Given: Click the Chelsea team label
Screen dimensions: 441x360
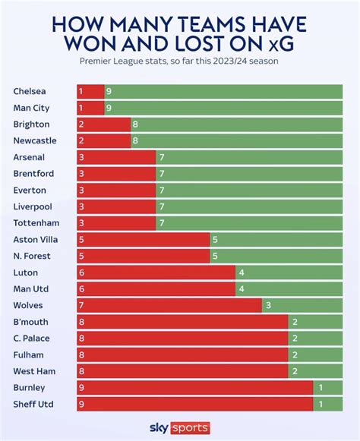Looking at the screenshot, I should (x=28, y=91).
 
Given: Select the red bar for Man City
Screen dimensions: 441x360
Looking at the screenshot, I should (x=90, y=108).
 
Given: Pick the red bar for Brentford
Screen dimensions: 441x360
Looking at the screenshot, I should (x=115, y=173).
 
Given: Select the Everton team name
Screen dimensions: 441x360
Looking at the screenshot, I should (x=30, y=190).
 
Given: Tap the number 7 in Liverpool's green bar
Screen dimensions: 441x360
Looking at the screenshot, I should (x=162, y=206).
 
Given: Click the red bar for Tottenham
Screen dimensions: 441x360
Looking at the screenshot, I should (x=115, y=223).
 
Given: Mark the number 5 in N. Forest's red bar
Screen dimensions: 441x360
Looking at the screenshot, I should (x=81, y=256).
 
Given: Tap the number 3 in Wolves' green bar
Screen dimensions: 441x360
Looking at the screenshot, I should (x=268, y=305).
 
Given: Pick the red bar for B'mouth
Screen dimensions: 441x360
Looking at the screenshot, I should (x=182, y=322).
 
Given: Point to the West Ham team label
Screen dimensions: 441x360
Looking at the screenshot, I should (x=32, y=370).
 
